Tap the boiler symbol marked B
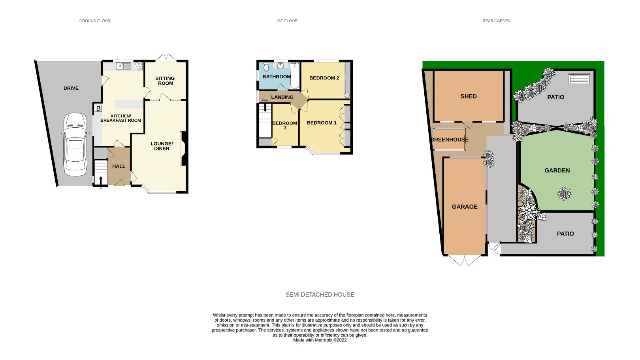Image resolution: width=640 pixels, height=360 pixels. pyautogui.click(x=98, y=108)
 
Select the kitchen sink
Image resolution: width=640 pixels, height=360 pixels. pyautogui.click(x=123, y=66)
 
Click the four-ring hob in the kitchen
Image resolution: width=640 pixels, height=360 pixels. pyautogui.click(x=139, y=66)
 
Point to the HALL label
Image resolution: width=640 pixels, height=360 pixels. pyautogui.click(x=119, y=166)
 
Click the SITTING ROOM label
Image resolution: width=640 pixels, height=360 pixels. pyautogui.click(x=165, y=81)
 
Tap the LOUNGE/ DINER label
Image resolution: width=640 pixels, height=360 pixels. pyautogui.click(x=162, y=146)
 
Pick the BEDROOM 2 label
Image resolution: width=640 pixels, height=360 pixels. pyautogui.click(x=324, y=78)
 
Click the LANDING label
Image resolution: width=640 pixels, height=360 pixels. pyautogui.click(x=282, y=97)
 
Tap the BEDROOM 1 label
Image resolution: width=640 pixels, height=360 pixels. pyautogui.click(x=322, y=123)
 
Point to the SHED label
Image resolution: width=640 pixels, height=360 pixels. pyautogui.click(x=469, y=96)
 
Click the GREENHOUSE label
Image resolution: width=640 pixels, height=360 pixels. pyautogui.click(x=450, y=139)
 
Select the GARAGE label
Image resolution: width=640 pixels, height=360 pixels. pyautogui.click(x=465, y=206)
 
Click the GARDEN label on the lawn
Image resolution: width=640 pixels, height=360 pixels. pyautogui.click(x=557, y=170)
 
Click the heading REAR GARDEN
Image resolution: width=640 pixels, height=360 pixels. pyautogui.click(x=496, y=21)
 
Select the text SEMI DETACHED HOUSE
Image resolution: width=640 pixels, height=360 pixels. pyautogui.click(x=320, y=294)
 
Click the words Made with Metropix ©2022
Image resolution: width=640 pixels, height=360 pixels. pyautogui.click(x=320, y=340)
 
